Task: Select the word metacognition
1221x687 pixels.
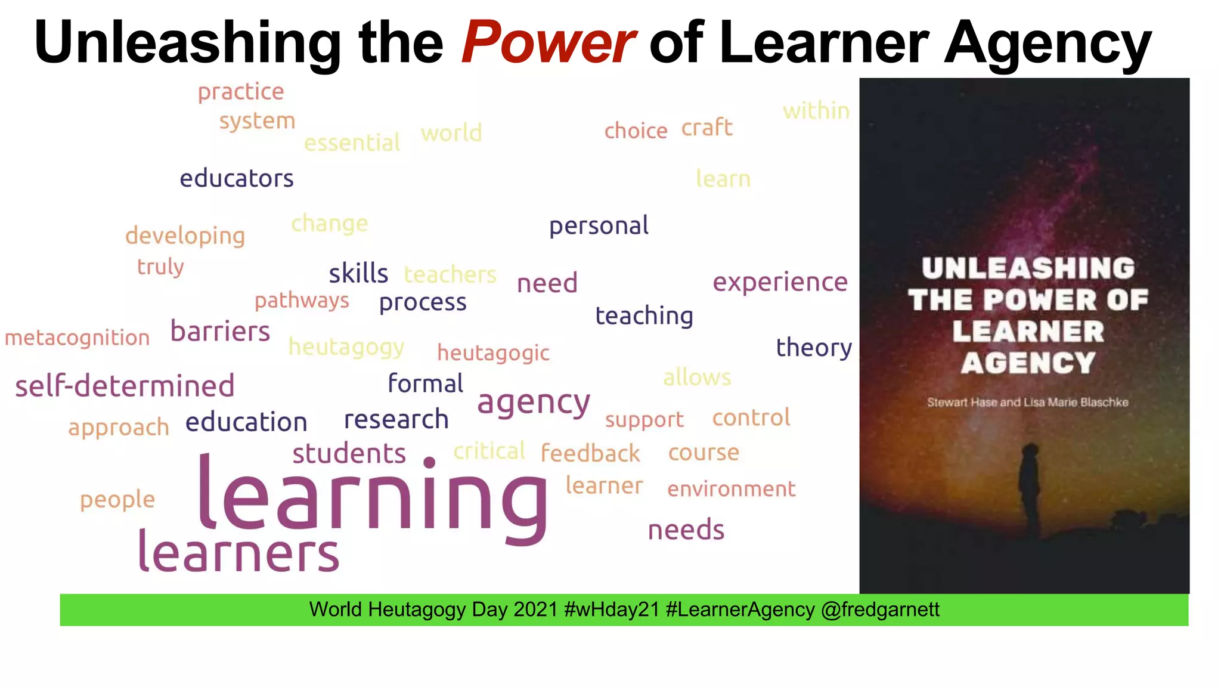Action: (77, 338)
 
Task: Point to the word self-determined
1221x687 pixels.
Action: (125, 386)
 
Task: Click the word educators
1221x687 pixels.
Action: (237, 178)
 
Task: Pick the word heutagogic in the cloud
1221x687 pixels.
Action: (493, 353)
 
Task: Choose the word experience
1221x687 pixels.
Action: (780, 282)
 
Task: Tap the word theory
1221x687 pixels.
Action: (814, 348)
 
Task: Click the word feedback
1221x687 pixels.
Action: (590, 453)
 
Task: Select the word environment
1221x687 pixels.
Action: (731, 489)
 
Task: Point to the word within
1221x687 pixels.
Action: (816, 111)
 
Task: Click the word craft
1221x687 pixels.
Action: (706, 128)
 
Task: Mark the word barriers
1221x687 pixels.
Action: (220, 332)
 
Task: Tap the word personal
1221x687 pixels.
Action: (599, 226)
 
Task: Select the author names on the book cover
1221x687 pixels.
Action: (1027, 403)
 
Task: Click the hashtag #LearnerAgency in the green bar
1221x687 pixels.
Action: (740, 609)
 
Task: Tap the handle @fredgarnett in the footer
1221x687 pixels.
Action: (880, 609)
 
